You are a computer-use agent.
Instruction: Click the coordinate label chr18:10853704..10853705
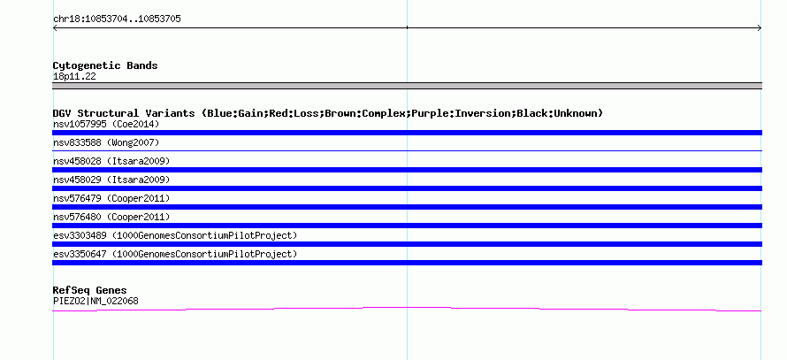pos(117,19)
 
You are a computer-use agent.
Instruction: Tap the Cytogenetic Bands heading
pos(105,65)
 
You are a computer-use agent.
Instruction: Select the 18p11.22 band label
pos(74,77)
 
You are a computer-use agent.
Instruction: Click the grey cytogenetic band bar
pos(407,86)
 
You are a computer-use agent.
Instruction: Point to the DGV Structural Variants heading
pos(328,113)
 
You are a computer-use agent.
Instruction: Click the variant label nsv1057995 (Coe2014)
pos(106,124)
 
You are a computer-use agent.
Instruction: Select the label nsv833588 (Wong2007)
pos(106,142)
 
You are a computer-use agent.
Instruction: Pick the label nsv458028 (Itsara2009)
pos(111,161)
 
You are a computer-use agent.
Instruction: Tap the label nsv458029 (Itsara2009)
pos(111,180)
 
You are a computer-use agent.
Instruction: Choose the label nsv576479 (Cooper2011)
pos(111,198)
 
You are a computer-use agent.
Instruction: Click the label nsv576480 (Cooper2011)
pos(111,217)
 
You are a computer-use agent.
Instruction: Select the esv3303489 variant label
pos(175,235)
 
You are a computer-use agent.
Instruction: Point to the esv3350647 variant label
pos(175,254)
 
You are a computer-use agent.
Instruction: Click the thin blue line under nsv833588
pos(407,150)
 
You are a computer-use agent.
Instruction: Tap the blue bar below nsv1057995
pos(407,133)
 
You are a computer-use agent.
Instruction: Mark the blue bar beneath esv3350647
pos(407,263)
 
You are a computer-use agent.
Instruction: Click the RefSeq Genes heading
pos(90,290)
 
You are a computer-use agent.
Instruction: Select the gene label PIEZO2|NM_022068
pos(96,302)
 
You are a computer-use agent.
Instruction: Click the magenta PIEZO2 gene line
pos(407,307)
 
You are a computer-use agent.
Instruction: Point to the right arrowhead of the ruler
pos(760,28)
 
